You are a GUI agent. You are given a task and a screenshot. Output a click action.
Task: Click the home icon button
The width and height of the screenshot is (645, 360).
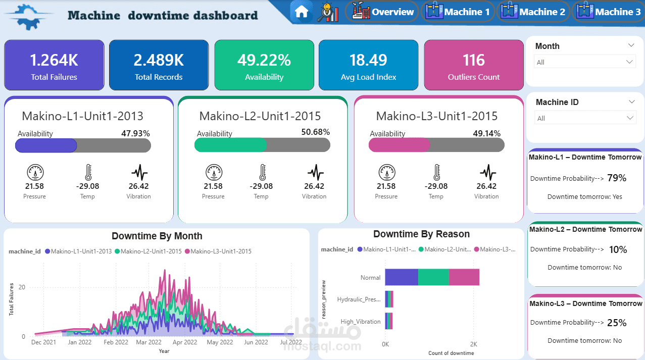point(302,12)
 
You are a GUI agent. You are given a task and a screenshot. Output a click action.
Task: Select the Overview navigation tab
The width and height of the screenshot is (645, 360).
point(382,12)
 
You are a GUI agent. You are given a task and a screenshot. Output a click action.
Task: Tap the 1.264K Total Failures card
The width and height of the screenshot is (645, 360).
point(54,66)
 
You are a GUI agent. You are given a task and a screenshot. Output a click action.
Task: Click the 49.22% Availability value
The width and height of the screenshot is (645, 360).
point(264,60)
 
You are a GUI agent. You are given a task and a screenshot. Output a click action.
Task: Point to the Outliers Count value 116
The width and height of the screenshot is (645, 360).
point(474,60)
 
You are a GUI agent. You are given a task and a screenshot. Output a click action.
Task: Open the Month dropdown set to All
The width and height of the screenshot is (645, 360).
point(584,62)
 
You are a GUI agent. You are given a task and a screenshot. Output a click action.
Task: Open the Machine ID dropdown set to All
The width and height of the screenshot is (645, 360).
point(584,118)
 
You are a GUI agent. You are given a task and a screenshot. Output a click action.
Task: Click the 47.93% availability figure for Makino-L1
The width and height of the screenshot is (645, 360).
point(135,134)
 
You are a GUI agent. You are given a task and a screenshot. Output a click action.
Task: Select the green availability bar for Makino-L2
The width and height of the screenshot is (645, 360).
point(230,145)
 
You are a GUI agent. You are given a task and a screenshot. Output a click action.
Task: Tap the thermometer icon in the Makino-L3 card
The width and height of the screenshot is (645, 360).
point(436,173)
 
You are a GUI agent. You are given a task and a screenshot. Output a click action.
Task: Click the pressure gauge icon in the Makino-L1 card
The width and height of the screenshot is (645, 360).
point(34,173)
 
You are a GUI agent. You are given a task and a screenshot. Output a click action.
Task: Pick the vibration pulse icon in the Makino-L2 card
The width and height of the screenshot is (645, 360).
point(315,173)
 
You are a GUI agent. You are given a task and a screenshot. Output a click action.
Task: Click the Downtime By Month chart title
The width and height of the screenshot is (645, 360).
point(157,236)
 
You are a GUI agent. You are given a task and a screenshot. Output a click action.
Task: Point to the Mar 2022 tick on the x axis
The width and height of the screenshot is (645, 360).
point(148,342)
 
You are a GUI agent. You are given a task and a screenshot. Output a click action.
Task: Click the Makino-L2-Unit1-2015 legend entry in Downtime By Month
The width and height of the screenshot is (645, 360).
point(151,251)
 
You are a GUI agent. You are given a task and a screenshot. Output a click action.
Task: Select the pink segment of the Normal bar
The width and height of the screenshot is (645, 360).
point(464,277)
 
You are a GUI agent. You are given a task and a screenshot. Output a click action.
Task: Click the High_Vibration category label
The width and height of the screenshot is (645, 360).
point(361,322)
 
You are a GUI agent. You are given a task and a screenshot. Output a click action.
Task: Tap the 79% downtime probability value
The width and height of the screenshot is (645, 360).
point(617,178)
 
